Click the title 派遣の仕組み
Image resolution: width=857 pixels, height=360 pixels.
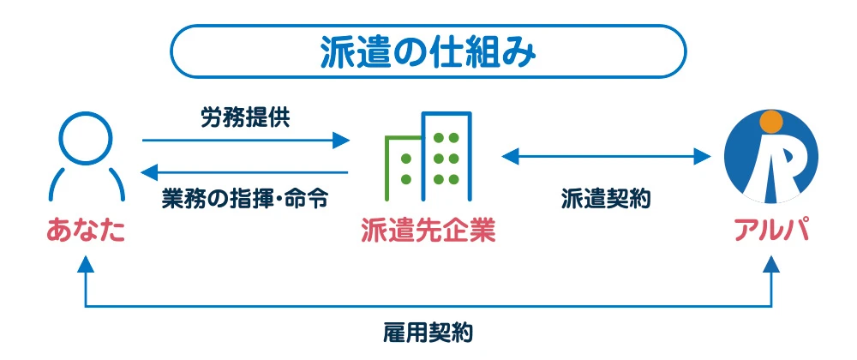428,51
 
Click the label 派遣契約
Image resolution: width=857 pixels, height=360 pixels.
607,198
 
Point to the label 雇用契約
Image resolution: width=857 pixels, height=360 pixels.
428,332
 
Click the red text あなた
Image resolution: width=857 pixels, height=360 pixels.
86,230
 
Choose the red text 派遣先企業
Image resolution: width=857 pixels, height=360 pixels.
428,230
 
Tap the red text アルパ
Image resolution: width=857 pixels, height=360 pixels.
771,230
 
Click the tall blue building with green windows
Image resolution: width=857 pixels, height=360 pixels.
446,154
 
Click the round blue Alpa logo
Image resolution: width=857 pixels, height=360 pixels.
771,158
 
